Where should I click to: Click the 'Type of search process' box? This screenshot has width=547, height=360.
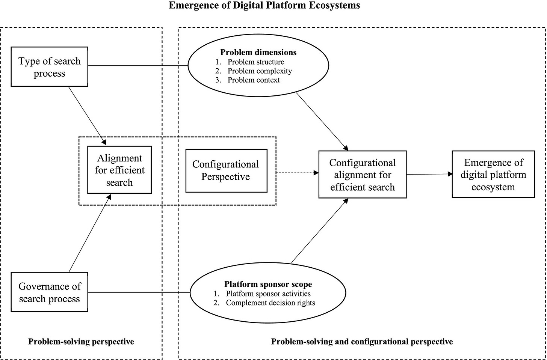coord(49,66)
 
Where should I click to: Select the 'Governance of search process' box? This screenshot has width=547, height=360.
coord(49,292)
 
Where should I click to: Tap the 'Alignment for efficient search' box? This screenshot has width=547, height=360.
coord(119,170)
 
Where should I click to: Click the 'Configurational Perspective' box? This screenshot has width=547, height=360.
coord(227,171)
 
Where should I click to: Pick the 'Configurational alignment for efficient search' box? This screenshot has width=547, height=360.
coord(363,174)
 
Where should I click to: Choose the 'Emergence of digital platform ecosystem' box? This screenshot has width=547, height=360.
coord(493,174)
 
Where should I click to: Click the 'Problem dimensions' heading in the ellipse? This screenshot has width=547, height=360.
coord(258,52)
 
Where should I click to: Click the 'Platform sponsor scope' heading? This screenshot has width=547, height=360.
coord(268,284)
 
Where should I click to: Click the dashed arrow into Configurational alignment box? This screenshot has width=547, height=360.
coord(298,173)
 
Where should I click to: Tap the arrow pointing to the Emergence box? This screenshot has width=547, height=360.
coord(429,174)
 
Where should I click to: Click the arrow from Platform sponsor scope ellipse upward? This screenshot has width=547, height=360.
coord(320,230)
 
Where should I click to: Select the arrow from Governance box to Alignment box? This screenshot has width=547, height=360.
coord(90,233)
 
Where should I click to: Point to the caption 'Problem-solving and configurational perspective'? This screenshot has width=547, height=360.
coord(362,342)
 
